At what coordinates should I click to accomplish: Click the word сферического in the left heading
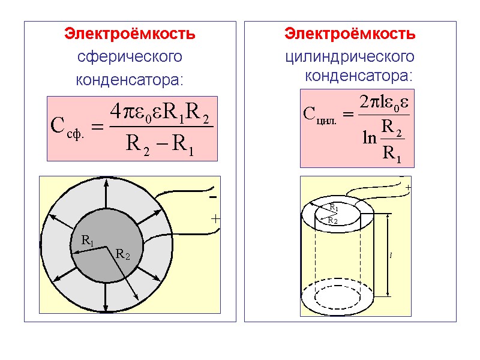click(x=130, y=57)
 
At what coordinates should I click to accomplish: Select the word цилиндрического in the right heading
click(x=349, y=56)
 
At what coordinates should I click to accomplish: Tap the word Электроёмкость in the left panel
click(x=130, y=34)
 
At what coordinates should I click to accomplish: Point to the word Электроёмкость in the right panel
click(x=350, y=34)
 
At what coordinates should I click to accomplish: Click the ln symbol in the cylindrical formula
click(x=369, y=139)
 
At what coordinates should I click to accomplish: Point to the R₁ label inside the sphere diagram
click(x=87, y=241)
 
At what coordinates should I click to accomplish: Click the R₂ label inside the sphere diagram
click(x=122, y=255)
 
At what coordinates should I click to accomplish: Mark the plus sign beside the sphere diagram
click(x=215, y=220)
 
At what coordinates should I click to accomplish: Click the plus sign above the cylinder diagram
click(x=408, y=188)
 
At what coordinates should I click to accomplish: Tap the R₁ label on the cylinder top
click(x=334, y=208)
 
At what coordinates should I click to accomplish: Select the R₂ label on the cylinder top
click(x=332, y=220)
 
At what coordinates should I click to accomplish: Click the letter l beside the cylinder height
click(x=391, y=255)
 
